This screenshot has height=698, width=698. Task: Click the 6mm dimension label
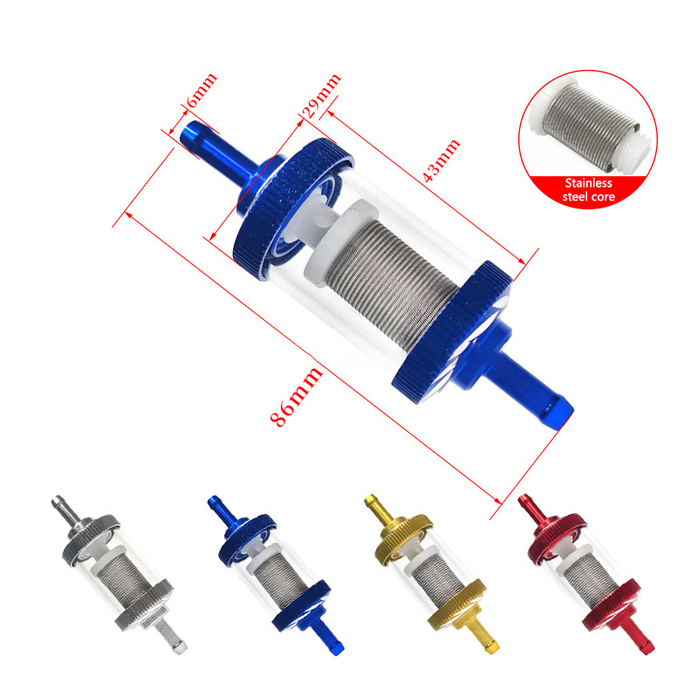[202, 91]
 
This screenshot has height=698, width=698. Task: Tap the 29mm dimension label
[322, 96]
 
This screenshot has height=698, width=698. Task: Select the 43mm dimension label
[441, 161]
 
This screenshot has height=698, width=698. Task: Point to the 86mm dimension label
[296, 397]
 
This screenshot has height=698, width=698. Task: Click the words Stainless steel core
[588, 190]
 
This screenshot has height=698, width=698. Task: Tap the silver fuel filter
[119, 574]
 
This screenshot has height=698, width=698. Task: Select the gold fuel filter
[431, 574]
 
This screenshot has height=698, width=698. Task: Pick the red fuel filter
[585, 574]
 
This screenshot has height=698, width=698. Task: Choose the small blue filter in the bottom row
[276, 575]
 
